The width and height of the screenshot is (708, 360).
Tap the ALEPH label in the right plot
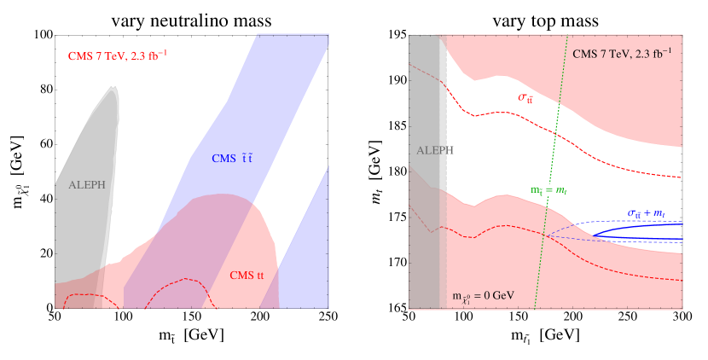pos(435,150)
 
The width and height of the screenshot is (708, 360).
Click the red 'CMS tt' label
pos(248,275)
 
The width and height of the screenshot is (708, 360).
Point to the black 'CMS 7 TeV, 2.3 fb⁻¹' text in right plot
pos(622,53)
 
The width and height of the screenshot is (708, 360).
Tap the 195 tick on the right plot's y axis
pos(395,36)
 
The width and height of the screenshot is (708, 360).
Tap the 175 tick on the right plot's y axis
pos(395,217)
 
